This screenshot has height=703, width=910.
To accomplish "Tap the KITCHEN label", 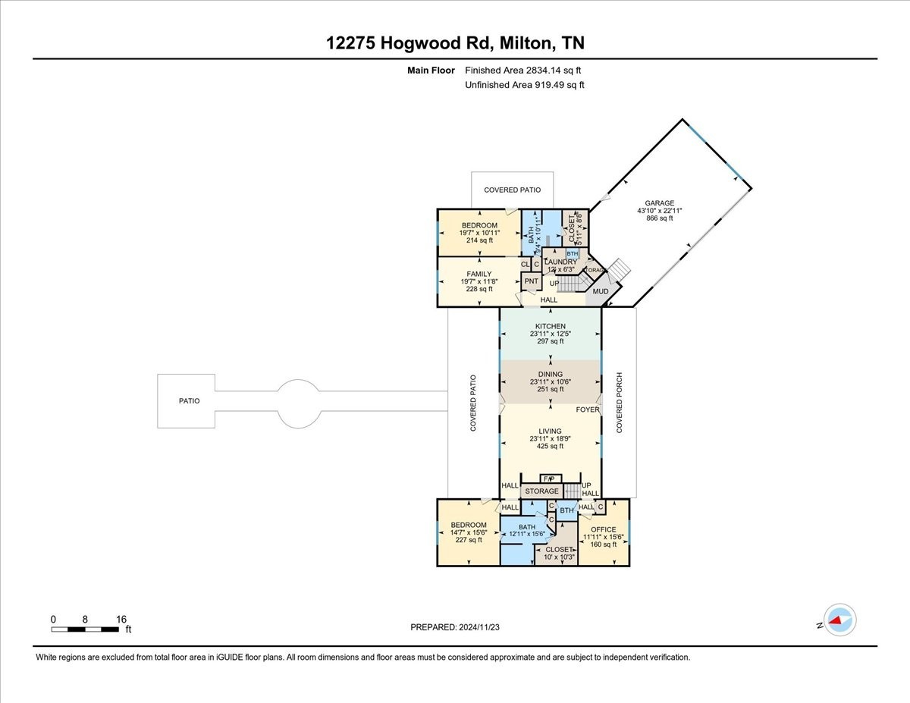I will (551, 326).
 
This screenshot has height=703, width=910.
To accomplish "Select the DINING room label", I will (551, 374).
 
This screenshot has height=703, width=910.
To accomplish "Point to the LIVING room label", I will (551, 432).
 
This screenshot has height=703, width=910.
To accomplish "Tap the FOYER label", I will (587, 410).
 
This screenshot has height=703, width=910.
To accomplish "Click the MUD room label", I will (601, 291).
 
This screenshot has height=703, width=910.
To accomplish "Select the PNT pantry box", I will (532, 281).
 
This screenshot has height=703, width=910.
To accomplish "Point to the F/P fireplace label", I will (551, 479).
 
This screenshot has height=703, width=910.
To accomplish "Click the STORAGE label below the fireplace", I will (542, 491).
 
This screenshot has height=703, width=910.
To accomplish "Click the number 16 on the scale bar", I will (121, 619).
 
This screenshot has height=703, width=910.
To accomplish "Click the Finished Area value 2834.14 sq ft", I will (523, 71).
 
